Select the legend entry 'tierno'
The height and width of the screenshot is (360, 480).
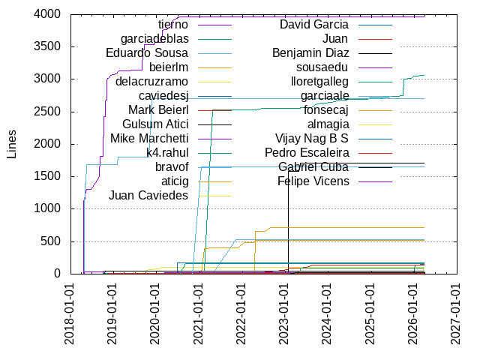pos(172,25)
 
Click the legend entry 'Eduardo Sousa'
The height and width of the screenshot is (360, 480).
pos(147,53)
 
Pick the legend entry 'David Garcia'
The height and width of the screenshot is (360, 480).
pos(313,25)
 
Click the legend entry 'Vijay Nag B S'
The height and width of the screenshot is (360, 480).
pos(312,138)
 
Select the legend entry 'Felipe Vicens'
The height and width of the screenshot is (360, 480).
pos(313,181)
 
